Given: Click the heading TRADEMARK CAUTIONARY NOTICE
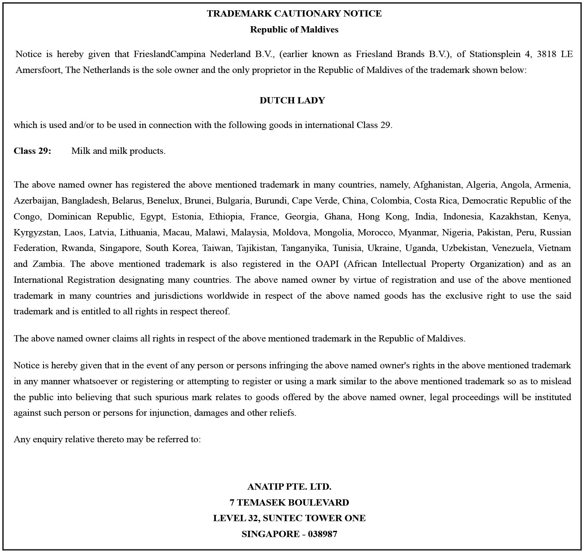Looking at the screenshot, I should [x=294, y=14].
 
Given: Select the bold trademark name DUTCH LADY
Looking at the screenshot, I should [x=292, y=100].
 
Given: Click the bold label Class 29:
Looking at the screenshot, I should [x=32, y=151].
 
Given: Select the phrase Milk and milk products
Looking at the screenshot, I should [x=118, y=151].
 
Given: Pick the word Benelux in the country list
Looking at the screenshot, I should [x=163, y=201].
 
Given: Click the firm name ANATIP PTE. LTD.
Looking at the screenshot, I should [x=289, y=487].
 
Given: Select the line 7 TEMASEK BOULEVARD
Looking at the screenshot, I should [x=289, y=503].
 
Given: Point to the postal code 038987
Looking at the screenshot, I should [x=322, y=534].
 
